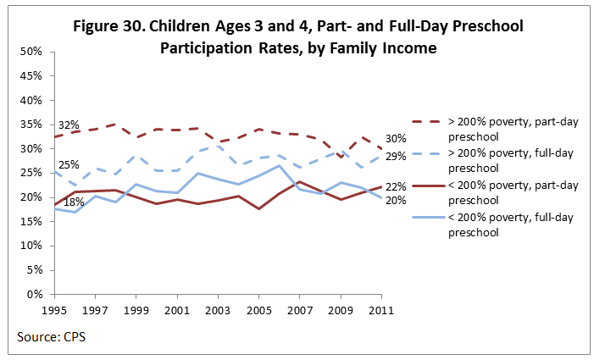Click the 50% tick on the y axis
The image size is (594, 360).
pos(31,52)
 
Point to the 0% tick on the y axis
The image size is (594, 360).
pos(35,295)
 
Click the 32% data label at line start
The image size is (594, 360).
pos(68,125)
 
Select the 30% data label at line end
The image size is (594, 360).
pos(397,139)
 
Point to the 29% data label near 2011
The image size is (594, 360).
pos(397,157)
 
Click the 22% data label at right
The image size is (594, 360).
pos(397,186)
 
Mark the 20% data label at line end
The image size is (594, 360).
pos(397,201)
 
